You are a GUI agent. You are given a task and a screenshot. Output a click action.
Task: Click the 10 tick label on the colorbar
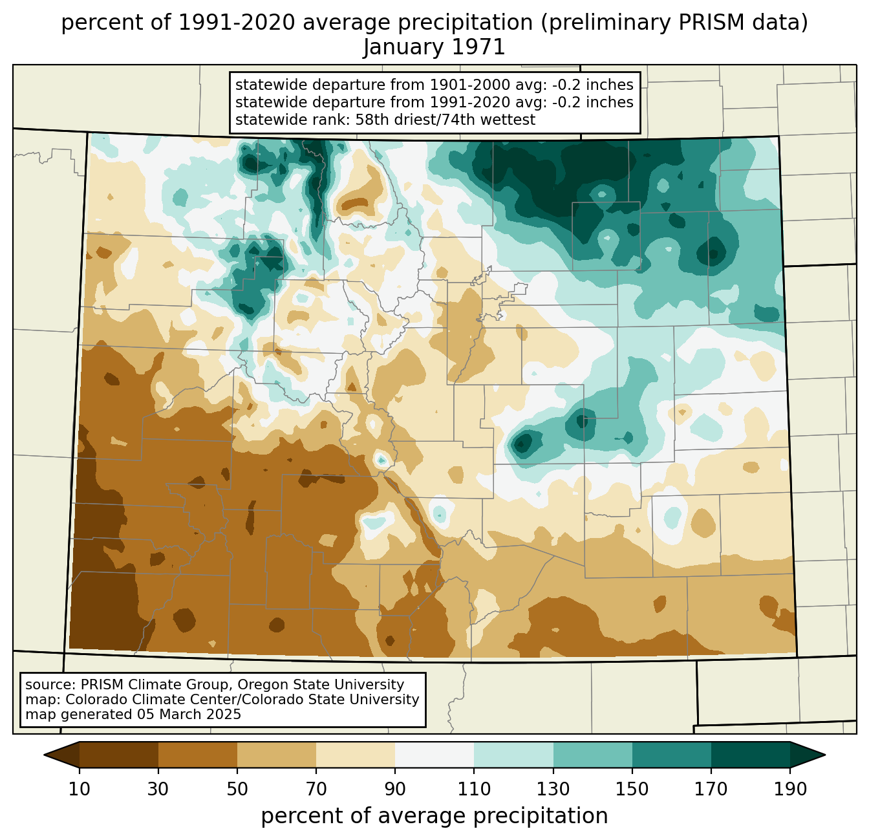[x=79, y=790]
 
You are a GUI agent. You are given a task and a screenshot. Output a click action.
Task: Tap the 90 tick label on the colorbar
[x=395, y=790]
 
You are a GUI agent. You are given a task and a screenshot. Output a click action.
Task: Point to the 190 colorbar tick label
[x=790, y=790]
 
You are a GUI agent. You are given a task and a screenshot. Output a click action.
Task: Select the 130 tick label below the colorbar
[x=553, y=790]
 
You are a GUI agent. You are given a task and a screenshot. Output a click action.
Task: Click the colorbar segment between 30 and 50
[x=197, y=755]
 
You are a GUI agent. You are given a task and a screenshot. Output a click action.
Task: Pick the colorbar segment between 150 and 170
[x=671, y=755]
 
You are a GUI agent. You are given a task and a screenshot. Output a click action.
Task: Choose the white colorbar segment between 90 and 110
[x=434, y=755]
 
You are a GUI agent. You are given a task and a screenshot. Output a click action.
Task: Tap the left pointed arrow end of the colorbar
[x=61, y=755]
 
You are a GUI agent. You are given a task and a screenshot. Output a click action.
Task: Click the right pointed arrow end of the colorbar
[x=808, y=755]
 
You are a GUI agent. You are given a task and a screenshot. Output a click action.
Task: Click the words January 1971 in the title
[x=434, y=47]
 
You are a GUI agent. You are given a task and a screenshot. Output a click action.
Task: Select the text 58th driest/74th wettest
[x=445, y=120]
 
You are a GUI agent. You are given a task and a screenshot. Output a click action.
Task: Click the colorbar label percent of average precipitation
[x=434, y=816]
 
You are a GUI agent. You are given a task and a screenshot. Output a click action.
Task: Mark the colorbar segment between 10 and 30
[x=119, y=755]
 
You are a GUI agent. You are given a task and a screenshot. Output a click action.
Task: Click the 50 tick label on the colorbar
[x=237, y=790]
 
